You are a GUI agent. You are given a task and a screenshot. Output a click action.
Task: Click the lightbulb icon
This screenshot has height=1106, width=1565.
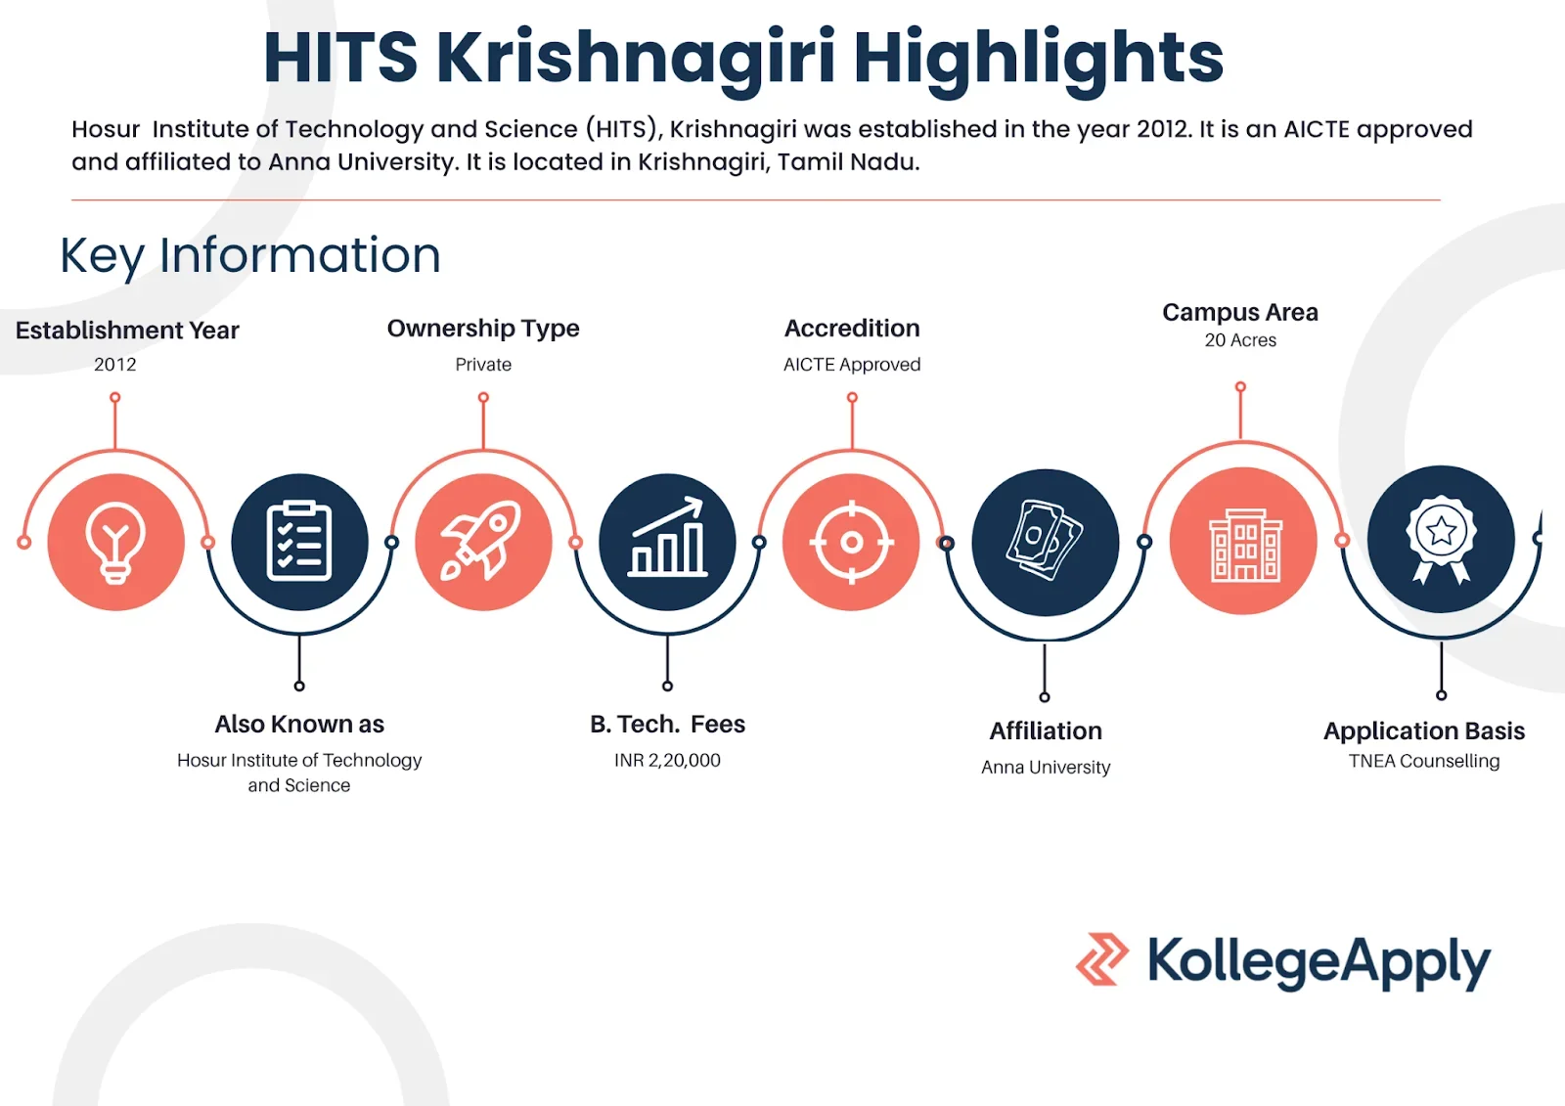[116, 542]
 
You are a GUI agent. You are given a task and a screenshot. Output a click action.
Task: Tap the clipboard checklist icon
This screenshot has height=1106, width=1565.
[299, 542]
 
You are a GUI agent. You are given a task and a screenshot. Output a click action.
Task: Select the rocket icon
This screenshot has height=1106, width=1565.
[481, 540]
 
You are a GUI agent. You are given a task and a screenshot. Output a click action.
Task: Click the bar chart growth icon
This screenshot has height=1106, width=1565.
[667, 537]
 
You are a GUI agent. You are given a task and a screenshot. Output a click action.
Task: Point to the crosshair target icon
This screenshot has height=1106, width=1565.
[851, 542]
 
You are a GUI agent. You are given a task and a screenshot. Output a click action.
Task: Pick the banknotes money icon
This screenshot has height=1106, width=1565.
[1045, 540]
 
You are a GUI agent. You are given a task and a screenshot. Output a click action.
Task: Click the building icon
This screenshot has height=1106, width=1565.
[1244, 545]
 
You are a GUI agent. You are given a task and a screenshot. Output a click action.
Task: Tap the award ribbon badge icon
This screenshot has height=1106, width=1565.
[1441, 539]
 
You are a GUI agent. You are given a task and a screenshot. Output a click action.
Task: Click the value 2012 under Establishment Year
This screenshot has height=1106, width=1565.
[115, 365]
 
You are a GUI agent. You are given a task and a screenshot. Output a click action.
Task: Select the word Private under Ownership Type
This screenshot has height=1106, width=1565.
[483, 365]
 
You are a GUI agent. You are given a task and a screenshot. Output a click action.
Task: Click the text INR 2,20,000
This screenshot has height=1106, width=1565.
[667, 760]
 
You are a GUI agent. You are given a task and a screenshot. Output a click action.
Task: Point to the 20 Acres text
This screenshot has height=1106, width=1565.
[1240, 340]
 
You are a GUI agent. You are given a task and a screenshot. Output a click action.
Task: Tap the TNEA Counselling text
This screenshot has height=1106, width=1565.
[1424, 761]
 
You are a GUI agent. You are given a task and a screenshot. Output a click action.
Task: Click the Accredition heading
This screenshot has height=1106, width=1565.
[852, 329]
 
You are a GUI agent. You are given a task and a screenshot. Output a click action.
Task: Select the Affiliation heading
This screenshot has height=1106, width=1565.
[1046, 730]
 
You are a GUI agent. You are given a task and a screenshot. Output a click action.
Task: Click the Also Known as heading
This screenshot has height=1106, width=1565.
[299, 725]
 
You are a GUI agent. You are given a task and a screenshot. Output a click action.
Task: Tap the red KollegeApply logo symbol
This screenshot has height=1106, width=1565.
[1101, 959]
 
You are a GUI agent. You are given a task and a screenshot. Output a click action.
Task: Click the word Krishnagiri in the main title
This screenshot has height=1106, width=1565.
[636, 59]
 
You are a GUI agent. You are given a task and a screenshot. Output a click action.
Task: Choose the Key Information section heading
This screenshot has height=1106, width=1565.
[250, 255]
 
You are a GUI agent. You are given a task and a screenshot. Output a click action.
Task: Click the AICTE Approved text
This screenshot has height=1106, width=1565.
[852, 365]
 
